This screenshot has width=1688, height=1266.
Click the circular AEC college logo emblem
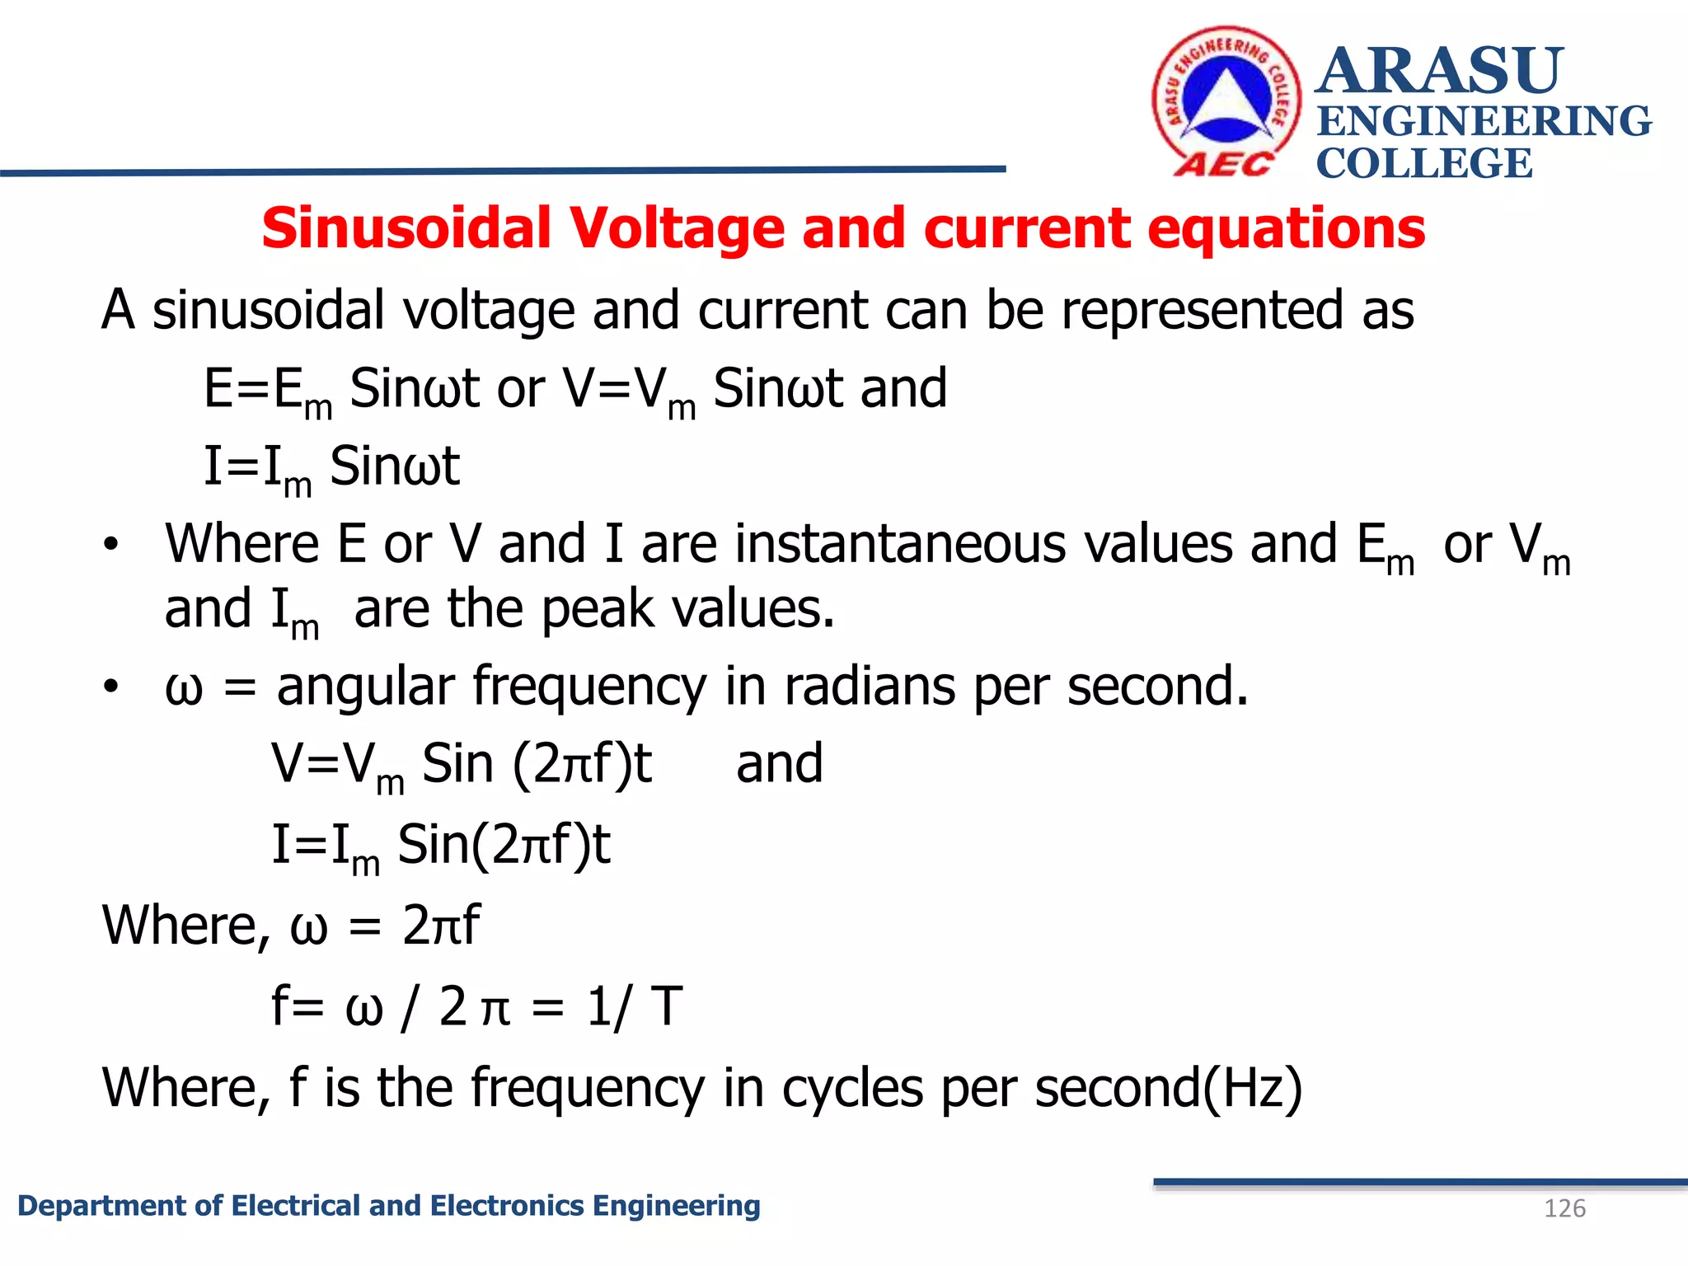pos(1226,101)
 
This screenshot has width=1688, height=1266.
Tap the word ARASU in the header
pos(1439,71)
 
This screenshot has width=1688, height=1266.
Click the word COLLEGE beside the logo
pos(1423,163)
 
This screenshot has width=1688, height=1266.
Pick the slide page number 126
pos(1564,1208)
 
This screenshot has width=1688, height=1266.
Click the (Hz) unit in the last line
pos(1253,1088)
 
